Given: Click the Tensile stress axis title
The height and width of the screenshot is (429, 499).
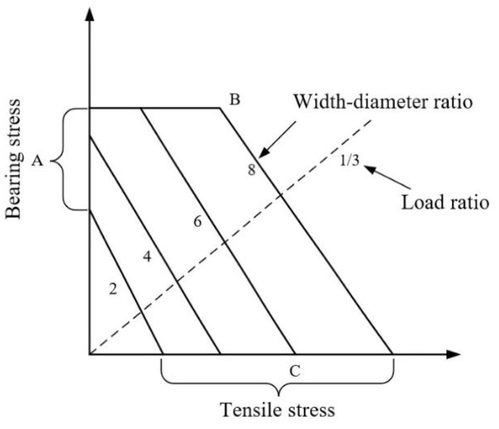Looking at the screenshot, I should pos(278,410).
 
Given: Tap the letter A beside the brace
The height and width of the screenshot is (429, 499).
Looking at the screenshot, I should pos(37,162).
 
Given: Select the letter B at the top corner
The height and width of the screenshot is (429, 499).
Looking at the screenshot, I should pos(235,100).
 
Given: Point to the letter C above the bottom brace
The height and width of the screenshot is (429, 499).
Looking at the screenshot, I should pos(295,371).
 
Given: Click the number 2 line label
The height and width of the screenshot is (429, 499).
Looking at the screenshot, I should pos(113,289).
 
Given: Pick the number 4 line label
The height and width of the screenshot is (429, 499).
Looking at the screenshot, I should pos(147,256).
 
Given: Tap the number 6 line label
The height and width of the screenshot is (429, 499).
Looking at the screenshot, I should pos(197,222).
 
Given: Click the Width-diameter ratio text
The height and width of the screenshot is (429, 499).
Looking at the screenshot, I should pos(383,102).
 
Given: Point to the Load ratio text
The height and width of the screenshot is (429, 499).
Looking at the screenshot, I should pos(445,203).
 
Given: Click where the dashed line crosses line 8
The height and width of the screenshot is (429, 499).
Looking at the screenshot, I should pos(281,194).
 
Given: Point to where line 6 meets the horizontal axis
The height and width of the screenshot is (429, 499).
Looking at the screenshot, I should pos(295,354).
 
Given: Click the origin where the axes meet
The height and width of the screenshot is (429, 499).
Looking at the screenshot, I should pos(90,354).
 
